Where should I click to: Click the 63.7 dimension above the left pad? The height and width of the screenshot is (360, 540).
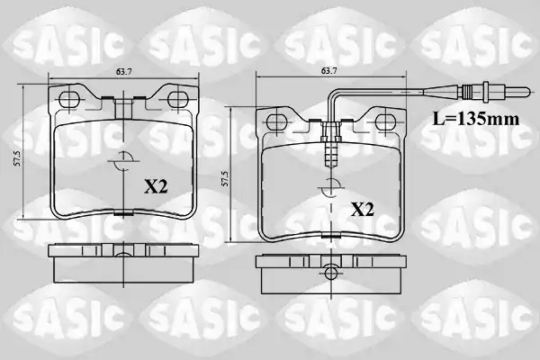coord(124,72)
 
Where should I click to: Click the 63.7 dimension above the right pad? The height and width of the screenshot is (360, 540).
coord(328,70)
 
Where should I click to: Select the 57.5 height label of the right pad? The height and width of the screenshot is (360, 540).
coord(225,179)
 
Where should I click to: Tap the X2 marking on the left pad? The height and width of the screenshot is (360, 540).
coord(156,187)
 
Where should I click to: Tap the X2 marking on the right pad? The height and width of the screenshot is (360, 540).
coord(363,210)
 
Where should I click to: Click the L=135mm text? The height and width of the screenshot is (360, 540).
coord(476,119)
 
